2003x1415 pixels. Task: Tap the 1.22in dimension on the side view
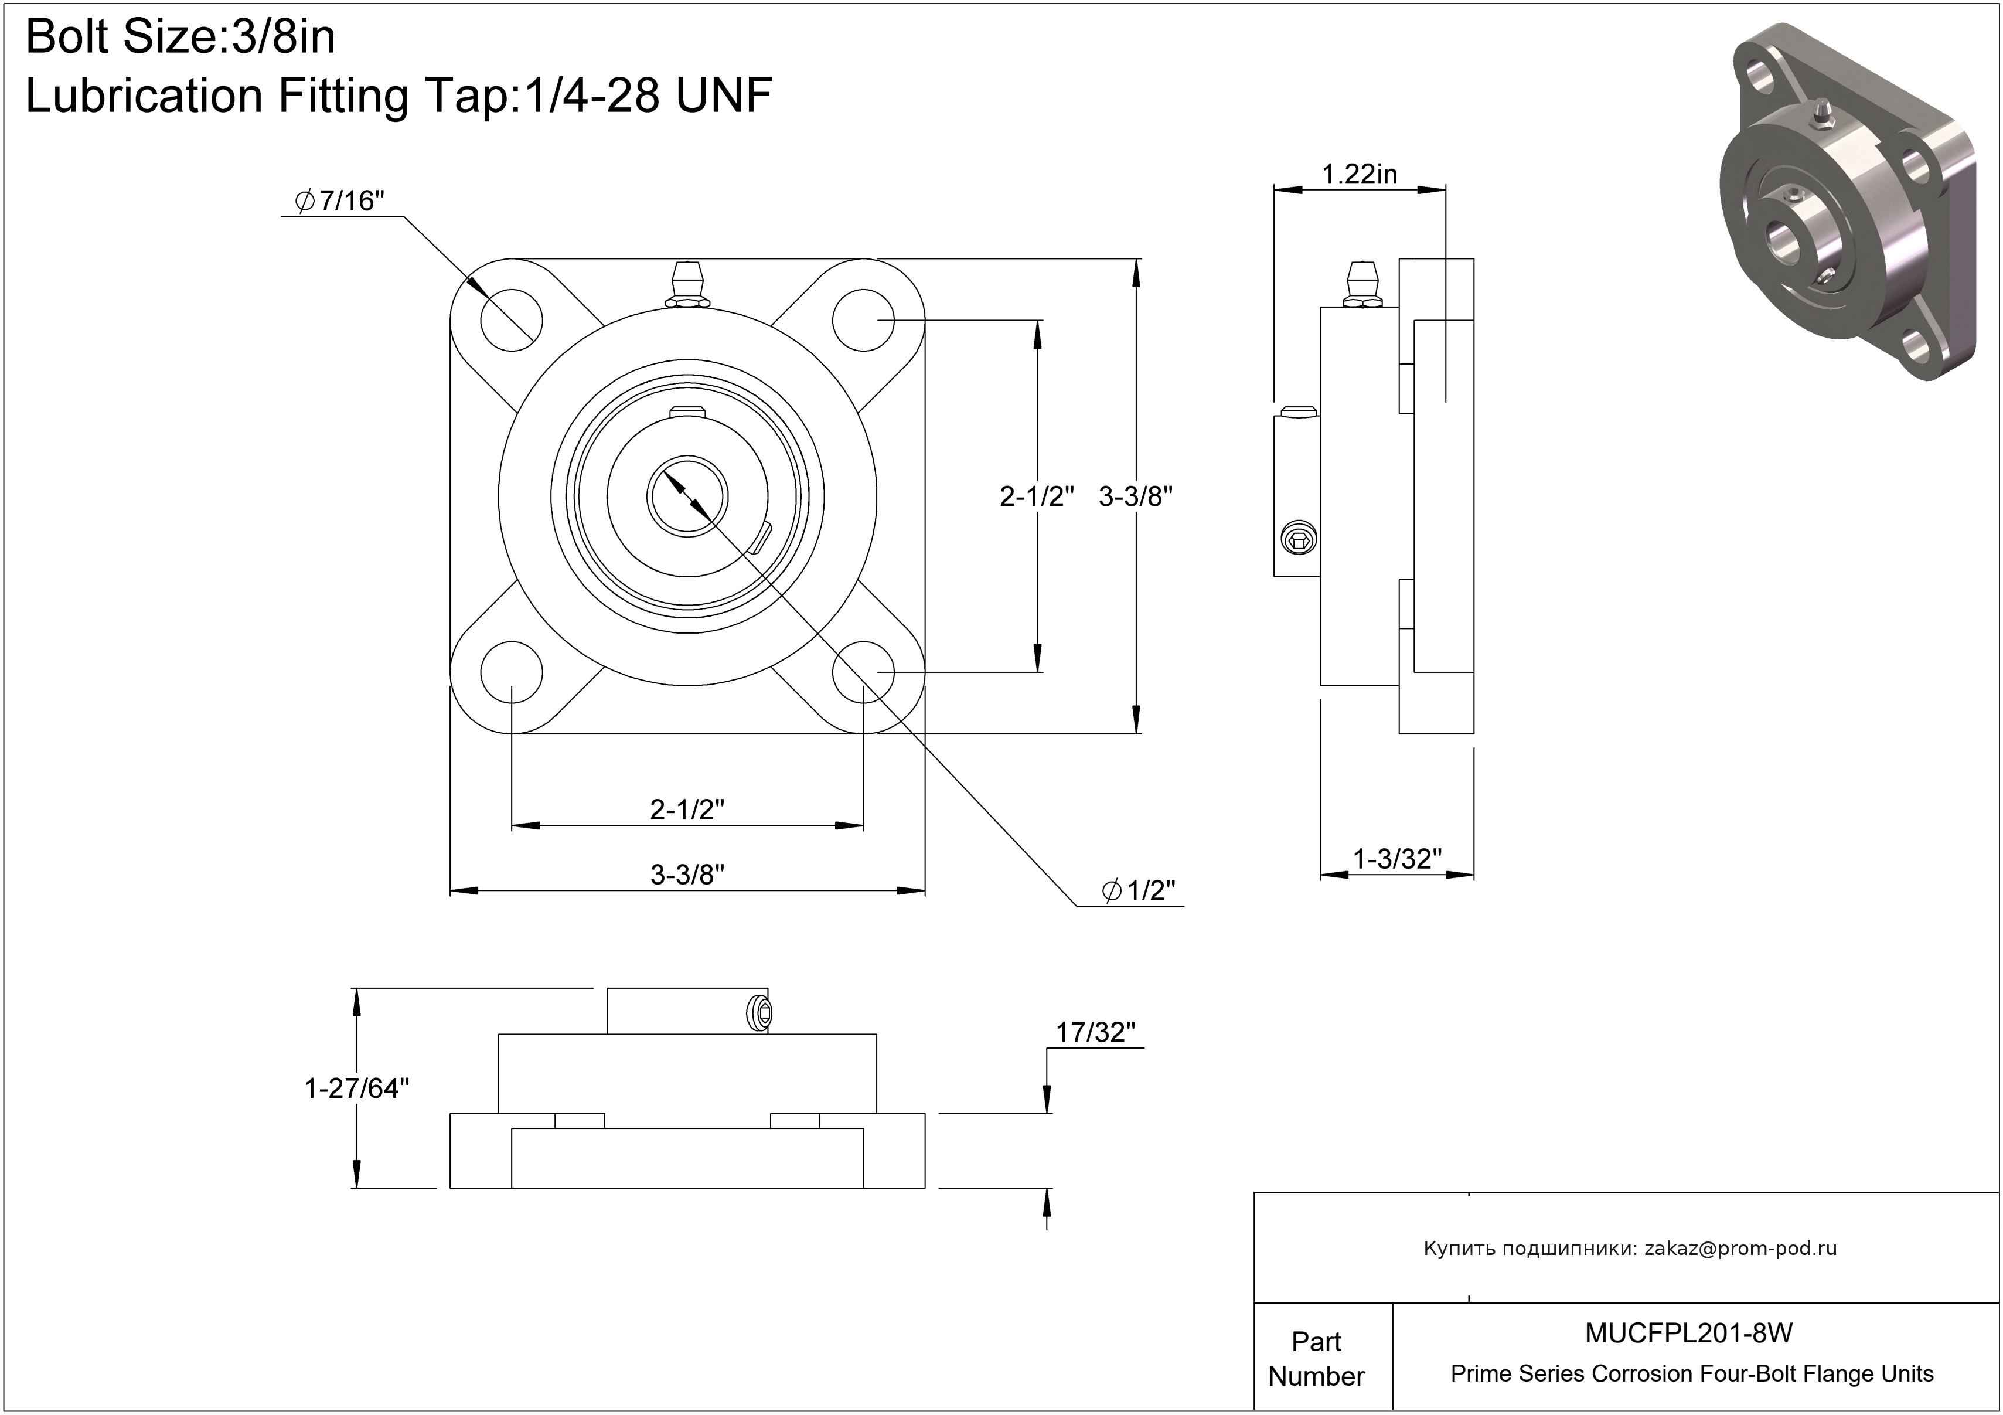[1359, 175]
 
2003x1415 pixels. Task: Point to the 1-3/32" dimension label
[1396, 859]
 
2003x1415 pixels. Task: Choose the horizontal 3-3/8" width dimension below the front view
[687, 874]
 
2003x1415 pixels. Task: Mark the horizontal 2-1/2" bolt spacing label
[687, 809]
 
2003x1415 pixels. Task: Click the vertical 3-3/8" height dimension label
[1135, 496]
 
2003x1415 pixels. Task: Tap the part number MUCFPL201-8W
[1689, 1332]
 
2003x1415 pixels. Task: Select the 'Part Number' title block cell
[1316, 1358]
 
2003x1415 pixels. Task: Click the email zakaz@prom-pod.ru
[1740, 1249]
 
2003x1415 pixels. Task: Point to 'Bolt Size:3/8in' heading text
[180, 38]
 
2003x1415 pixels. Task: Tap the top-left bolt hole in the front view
[510, 320]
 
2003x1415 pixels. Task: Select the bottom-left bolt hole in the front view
[510, 672]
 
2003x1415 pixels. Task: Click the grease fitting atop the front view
[687, 284]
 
